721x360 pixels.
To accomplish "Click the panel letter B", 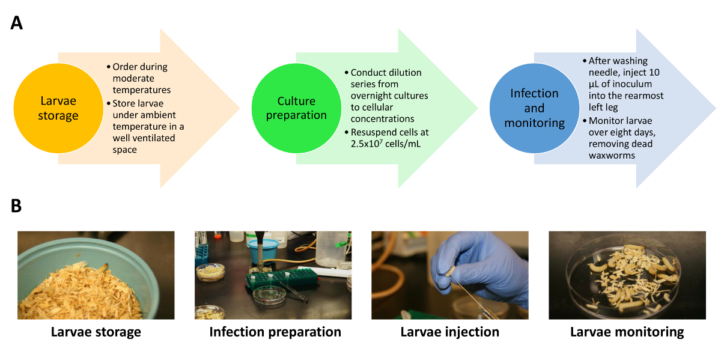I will (16, 206).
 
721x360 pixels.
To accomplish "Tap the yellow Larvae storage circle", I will (58, 108).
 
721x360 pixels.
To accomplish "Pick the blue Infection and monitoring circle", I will (534, 108).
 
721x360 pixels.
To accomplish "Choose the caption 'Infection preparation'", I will (275, 332).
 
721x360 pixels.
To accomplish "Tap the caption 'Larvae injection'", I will (449, 332).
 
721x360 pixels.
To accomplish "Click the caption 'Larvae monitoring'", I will (627, 332).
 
